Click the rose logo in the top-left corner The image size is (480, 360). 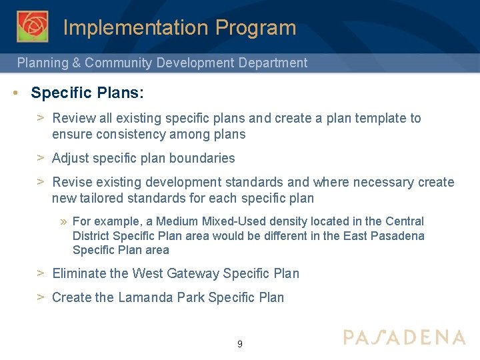(x=32, y=27)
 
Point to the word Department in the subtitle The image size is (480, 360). (x=273, y=63)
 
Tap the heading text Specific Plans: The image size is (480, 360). (x=87, y=93)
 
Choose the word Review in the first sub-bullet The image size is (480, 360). (x=73, y=119)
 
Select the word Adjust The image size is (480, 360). (x=70, y=159)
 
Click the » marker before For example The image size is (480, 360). (x=64, y=221)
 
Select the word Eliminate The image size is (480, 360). (x=78, y=273)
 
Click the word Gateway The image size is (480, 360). (x=193, y=273)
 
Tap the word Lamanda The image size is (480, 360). (x=146, y=297)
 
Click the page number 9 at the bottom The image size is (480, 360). (x=240, y=345)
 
